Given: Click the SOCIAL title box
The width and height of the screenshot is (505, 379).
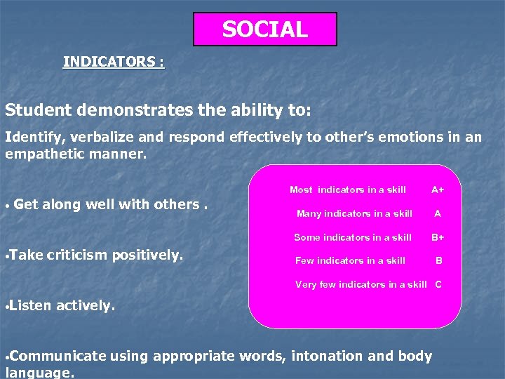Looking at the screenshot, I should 264,29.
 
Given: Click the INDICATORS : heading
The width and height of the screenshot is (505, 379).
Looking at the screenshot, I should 114,62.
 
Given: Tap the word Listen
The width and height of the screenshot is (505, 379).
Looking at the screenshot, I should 30,306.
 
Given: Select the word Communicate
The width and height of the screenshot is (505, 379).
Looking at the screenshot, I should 58,357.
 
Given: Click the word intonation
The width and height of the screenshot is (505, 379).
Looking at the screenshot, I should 325,357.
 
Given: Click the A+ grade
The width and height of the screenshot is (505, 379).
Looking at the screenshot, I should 438,189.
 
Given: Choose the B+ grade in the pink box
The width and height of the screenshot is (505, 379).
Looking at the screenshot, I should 438,237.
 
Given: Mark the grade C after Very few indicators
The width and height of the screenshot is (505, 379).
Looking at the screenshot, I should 438,284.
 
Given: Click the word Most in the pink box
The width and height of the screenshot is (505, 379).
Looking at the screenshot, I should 301,189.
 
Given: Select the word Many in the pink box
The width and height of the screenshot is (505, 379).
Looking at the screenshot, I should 309,213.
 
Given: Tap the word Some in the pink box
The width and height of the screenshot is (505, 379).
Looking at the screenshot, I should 307,237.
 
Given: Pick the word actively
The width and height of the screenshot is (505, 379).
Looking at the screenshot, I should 85,306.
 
